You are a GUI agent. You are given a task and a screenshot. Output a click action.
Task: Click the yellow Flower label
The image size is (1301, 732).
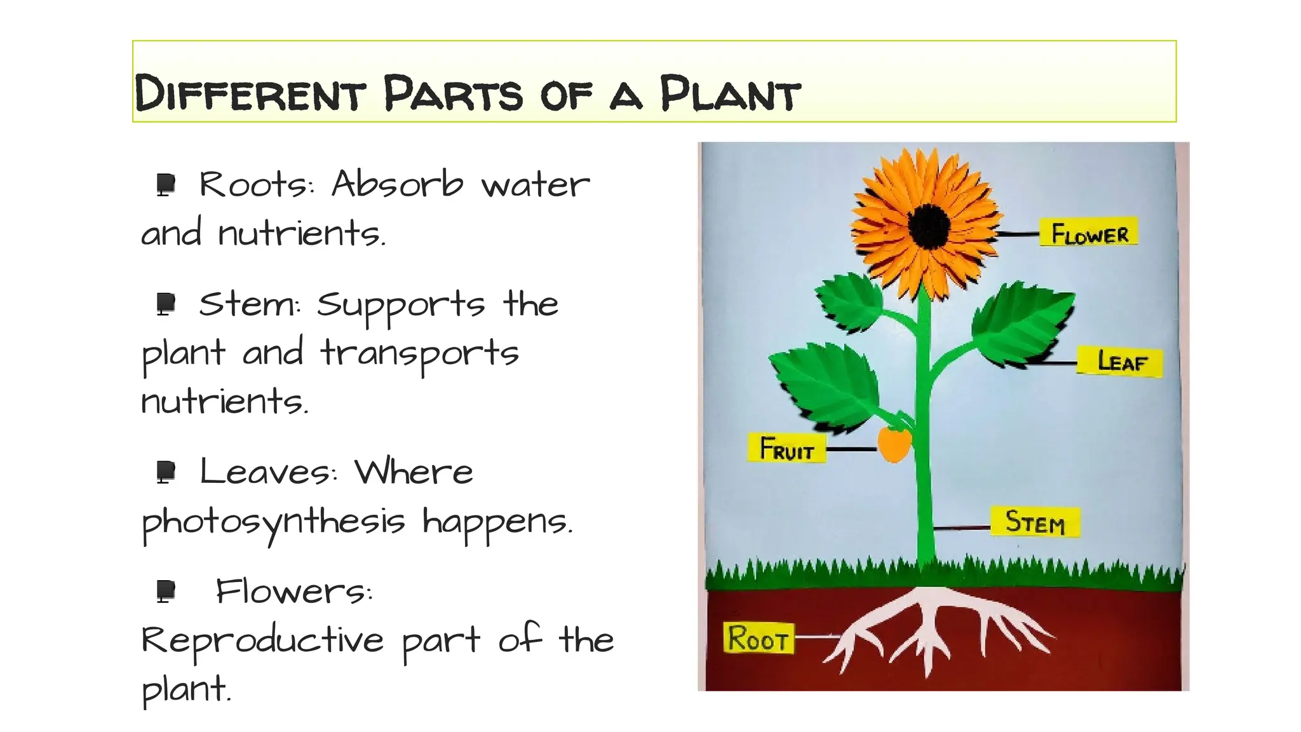pyautogui.click(x=1089, y=233)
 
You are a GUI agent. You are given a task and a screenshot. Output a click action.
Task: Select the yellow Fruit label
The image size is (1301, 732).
pyautogui.click(x=786, y=449)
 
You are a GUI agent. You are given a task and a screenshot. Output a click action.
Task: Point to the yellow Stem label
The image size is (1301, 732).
pyautogui.click(x=1035, y=522)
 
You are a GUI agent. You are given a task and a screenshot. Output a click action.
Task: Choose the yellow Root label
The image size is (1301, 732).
pyautogui.click(x=758, y=638)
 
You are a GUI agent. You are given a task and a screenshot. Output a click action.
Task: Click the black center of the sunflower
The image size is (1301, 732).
pyautogui.click(x=929, y=226)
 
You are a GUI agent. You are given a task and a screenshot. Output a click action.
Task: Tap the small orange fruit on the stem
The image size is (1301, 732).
pyautogui.click(x=894, y=444)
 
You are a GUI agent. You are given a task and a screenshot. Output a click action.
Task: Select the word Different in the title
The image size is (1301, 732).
pyautogui.click(x=250, y=94)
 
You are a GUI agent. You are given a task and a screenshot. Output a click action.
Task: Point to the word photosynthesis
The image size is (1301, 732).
pyautogui.click(x=273, y=522)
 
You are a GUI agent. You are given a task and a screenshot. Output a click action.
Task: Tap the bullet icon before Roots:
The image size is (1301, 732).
pyautogui.click(x=166, y=185)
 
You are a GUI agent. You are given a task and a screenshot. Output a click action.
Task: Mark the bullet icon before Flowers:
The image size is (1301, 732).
pyautogui.click(x=166, y=591)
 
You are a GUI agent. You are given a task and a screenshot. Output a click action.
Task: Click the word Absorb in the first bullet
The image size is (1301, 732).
pyautogui.click(x=397, y=184)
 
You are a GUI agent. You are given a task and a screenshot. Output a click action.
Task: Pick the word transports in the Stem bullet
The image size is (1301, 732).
pyautogui.click(x=419, y=353)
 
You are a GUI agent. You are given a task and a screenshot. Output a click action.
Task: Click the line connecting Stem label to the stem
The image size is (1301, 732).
pyautogui.click(x=962, y=527)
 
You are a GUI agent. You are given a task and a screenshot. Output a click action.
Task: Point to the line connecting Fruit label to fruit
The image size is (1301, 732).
pyautogui.click(x=851, y=449)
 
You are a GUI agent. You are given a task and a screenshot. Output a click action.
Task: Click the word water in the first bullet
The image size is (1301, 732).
pyautogui.click(x=535, y=186)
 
